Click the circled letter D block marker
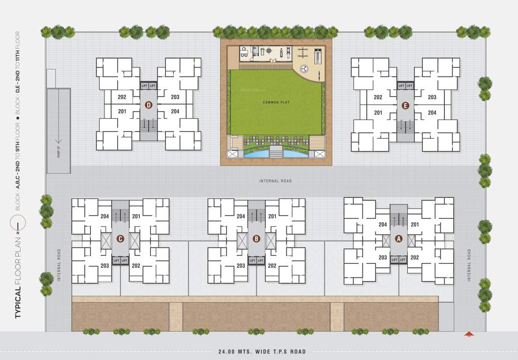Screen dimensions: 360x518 [149, 105]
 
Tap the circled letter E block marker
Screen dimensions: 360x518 [405, 106]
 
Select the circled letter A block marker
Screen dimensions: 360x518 [399, 239]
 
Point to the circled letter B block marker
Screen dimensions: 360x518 [256, 239]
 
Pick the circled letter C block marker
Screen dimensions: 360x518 [120, 239]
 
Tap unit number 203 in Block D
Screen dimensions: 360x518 [175, 97]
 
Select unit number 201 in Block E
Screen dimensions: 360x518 [378, 112]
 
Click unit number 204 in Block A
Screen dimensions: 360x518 [383, 225]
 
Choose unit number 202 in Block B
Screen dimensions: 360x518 [272, 266]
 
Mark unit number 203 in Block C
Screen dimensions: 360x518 [105, 266]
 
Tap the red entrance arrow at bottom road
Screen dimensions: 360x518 [467, 334]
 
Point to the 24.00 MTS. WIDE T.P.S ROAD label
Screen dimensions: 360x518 [262, 352]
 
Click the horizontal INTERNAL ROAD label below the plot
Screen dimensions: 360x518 [276, 181]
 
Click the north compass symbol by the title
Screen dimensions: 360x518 [18, 224]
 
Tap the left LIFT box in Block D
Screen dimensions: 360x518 [144, 86]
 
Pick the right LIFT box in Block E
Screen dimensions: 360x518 [410, 86]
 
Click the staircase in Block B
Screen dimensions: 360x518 [256, 216]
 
